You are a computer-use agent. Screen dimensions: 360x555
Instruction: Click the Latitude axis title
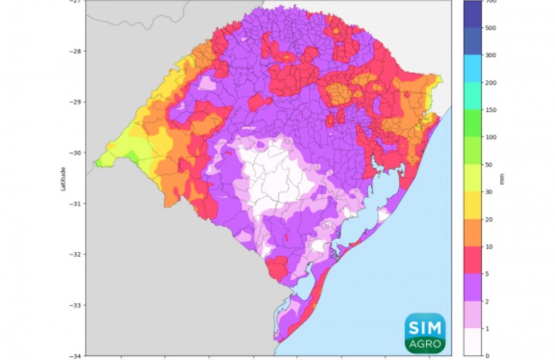(63, 178)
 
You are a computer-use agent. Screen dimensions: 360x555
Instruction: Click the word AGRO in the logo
(425, 345)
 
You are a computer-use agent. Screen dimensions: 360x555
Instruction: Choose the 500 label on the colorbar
(492, 28)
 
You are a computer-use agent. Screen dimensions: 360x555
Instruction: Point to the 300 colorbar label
(492, 55)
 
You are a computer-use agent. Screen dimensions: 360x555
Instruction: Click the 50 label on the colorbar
(490, 164)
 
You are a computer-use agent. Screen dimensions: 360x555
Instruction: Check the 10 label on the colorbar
(490, 247)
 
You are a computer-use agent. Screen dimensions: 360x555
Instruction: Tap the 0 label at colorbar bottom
(488, 355)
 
